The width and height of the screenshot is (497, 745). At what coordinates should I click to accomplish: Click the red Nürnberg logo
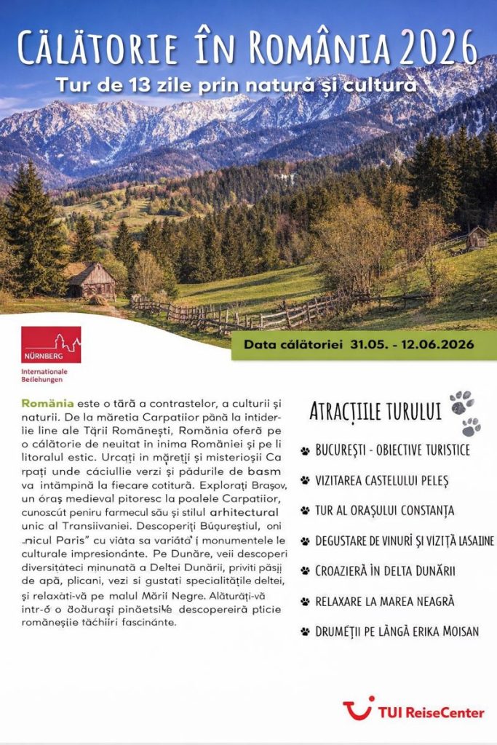[x=51, y=345]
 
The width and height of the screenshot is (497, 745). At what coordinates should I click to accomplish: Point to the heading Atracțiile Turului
[x=375, y=411]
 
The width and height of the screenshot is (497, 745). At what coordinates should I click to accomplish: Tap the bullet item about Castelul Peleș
[x=382, y=480]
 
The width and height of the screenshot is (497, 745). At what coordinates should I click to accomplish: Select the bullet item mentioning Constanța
[x=385, y=510]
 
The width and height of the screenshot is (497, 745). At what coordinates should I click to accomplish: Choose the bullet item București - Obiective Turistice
[x=392, y=450]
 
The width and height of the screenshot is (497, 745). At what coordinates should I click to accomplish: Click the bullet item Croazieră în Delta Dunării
[x=385, y=570]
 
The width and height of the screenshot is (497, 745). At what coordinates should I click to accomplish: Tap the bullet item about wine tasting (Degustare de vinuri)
[x=405, y=541]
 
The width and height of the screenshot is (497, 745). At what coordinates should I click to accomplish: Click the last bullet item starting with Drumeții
[x=397, y=631]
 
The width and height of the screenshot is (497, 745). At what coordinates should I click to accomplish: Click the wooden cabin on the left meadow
[x=90, y=280]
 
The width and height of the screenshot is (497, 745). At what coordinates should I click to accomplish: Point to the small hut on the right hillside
[x=478, y=237]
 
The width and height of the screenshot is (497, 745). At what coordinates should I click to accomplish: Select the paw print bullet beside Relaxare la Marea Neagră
[x=305, y=602]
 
